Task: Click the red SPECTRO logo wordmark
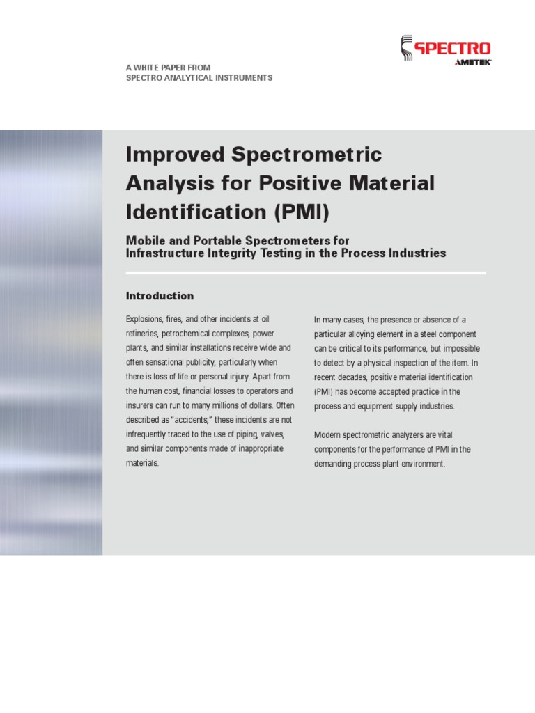tap(453, 49)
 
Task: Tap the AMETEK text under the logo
tap(473, 63)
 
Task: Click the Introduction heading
tap(160, 296)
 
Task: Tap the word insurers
tap(140, 405)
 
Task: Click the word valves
tap(274, 434)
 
